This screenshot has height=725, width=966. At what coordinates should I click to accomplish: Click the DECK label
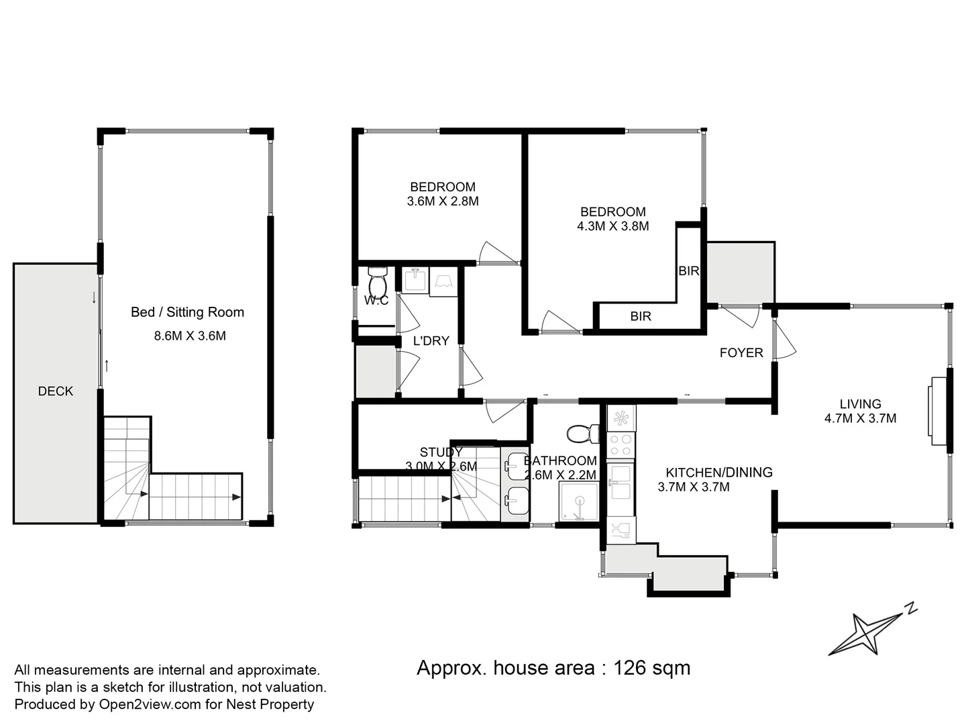click(56, 391)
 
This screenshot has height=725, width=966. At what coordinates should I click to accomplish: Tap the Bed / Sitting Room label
click(187, 312)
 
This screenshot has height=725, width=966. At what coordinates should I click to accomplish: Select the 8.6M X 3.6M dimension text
click(190, 336)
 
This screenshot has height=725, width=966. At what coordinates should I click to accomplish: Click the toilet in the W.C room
click(378, 282)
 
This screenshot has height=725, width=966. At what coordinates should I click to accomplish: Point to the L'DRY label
click(431, 341)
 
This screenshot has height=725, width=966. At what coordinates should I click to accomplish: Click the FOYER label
click(741, 352)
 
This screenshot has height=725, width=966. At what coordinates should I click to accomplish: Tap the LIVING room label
click(860, 404)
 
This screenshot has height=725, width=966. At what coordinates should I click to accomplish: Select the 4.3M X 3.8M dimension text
click(612, 226)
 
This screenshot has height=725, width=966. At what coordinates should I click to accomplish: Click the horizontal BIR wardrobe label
click(641, 316)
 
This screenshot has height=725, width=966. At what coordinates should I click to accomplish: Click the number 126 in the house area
click(630, 668)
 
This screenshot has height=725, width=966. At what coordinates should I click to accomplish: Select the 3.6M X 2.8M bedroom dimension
click(443, 201)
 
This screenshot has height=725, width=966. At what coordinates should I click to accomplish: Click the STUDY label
click(441, 452)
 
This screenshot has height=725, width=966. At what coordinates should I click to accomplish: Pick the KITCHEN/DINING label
click(718, 473)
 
